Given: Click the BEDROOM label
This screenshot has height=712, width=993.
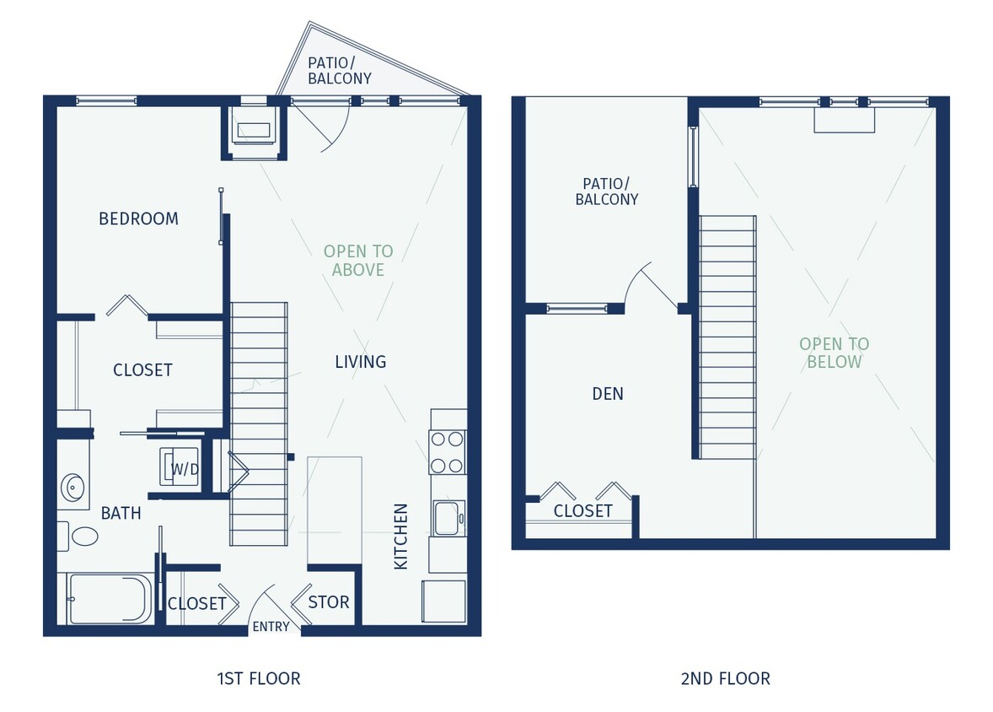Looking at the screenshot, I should coord(138,218).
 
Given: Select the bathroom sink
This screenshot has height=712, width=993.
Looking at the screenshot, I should coord(72,486).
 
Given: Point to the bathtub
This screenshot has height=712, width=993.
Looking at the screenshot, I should coord(110,599).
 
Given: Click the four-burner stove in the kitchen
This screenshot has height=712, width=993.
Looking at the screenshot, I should coord(448,452).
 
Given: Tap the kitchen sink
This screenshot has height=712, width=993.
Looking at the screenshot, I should coord(446,516).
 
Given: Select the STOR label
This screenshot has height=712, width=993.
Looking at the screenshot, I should coord(328,602).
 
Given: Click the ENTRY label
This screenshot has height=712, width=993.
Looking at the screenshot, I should coord(271,626).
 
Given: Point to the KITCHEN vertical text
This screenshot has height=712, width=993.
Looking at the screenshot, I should coord(401,537).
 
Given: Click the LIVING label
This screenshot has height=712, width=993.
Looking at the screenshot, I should coord(360,362).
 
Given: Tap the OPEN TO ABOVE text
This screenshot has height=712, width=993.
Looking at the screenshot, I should coord(358,261).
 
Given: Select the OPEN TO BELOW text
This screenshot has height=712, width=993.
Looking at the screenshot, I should coord(834,353).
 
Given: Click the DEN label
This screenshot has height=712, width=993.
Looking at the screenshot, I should coord(607,393).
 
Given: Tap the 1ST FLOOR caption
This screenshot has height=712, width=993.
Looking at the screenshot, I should coord(258,678).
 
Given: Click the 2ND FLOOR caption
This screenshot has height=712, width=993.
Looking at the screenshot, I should coord(725,678).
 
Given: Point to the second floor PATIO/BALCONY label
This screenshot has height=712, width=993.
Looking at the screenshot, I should coord(606,191).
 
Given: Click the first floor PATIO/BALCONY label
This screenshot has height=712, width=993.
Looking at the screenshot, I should coord(339,70).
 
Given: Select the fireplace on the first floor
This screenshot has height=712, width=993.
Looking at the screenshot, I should coord(254,130).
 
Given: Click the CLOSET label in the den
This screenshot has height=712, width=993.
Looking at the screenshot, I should coord(582,511).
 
